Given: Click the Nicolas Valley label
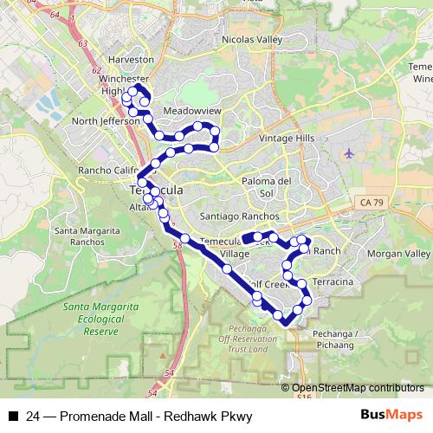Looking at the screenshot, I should coord(252,40).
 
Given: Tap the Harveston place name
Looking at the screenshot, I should coord(132,59).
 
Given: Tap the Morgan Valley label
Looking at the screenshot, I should coord(398,253).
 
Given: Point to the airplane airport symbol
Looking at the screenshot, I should coord(349,153).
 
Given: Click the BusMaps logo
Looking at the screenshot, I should coord(398,416).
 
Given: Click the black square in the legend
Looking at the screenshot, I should coord(12,417).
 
